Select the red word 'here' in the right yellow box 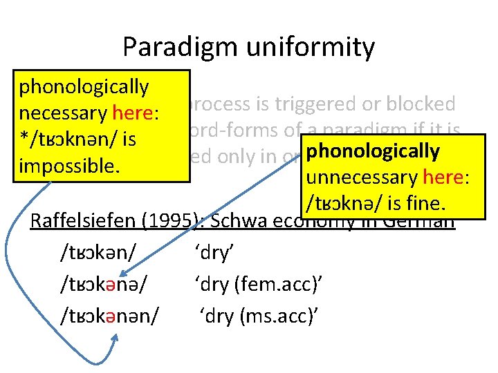445,178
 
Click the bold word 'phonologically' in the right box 372,151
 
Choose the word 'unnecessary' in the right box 359,178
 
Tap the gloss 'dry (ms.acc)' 257,315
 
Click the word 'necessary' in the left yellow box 63,113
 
